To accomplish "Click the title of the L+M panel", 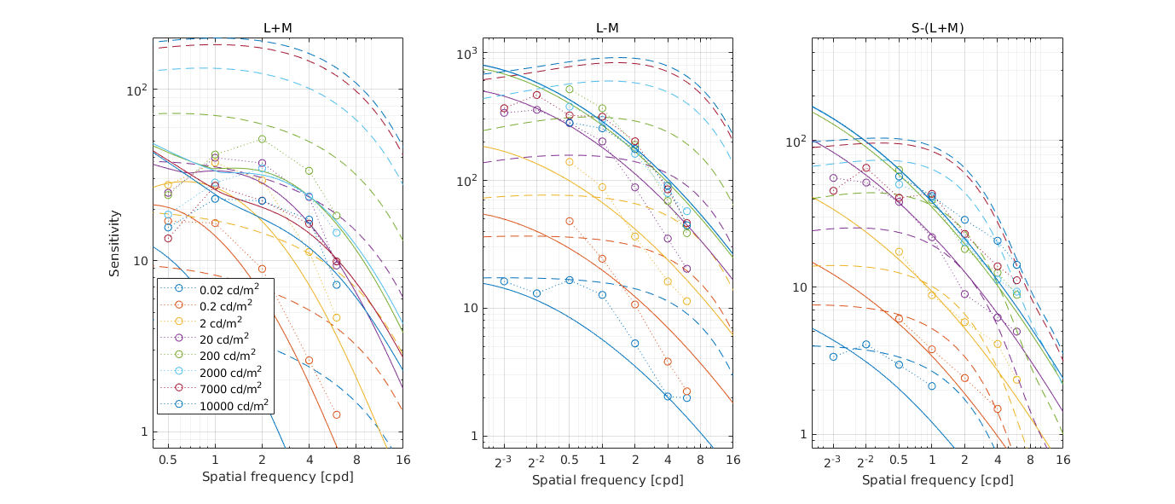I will [277, 28].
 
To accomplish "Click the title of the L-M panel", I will [607, 28].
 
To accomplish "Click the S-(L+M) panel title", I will [937, 28].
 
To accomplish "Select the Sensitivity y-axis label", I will [114, 243].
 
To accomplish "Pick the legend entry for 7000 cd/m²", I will [227, 388].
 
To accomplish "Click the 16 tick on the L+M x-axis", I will [402, 460].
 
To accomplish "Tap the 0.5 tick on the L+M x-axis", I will [168, 460].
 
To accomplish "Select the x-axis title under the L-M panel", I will [607, 480].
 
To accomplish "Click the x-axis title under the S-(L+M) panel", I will [937, 480].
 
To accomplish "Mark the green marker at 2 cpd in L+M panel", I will [262, 139].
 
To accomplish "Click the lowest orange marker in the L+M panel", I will [336, 414].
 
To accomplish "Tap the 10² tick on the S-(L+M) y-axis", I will [795, 142].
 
